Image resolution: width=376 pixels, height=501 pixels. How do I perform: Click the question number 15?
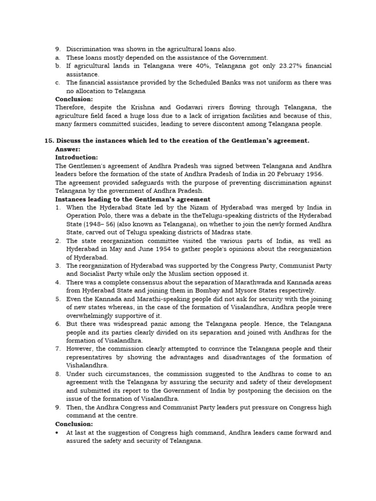coord(48,141)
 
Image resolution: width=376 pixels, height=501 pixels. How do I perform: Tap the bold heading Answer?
coord(68,149)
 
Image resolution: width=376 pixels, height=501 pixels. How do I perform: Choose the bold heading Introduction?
coord(76,158)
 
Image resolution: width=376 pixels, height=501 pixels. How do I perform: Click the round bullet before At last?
coord(58,433)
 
